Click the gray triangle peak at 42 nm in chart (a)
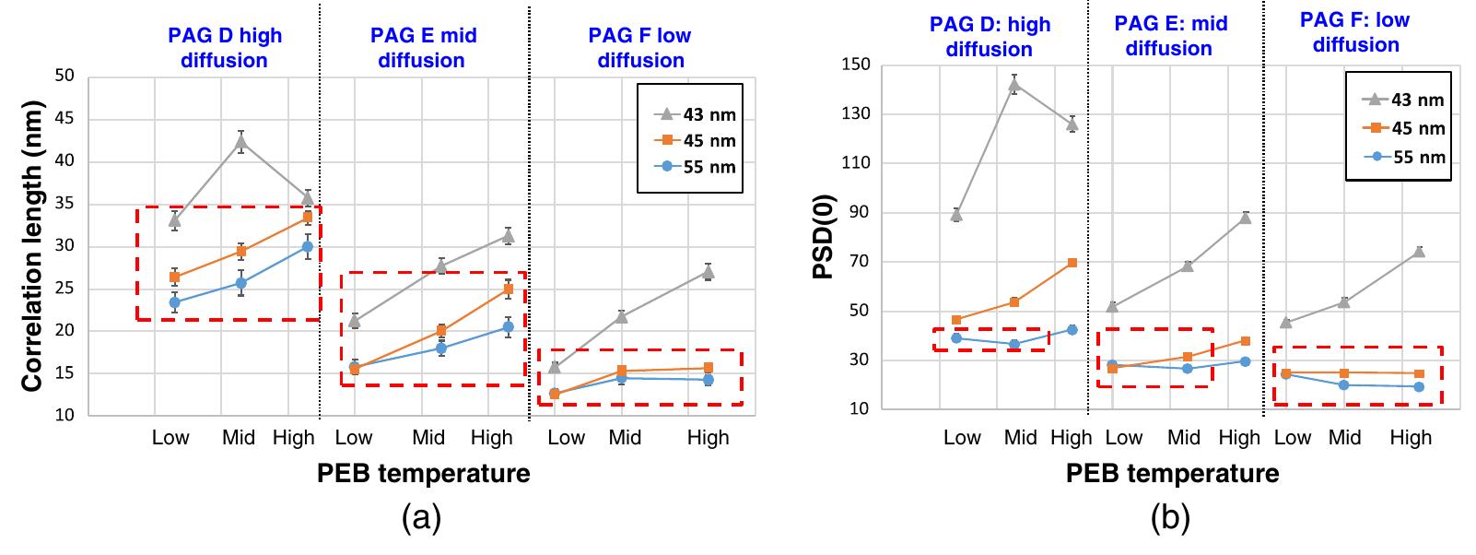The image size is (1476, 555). tap(241, 141)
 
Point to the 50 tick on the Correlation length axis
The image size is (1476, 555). tap(64, 76)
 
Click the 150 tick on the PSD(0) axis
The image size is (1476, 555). tap(859, 65)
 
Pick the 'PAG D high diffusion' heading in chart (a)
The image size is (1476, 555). tap(225, 48)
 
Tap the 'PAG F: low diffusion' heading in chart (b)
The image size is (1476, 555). tap(1354, 32)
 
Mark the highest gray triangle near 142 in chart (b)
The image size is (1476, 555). tap(1014, 85)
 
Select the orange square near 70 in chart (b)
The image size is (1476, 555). tap(1072, 263)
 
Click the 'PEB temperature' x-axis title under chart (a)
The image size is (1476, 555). tap(423, 474)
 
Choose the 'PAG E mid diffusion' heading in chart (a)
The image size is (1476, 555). tap(420, 48)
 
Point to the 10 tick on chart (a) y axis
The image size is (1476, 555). tap(64, 416)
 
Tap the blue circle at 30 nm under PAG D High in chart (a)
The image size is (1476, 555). tap(308, 246)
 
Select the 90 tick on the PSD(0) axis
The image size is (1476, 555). tap(862, 212)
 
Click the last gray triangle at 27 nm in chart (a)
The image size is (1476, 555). tap(709, 272)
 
